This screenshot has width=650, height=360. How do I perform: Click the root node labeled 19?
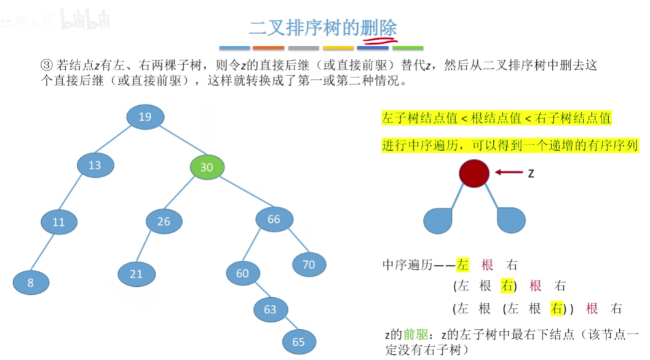coord(145,117)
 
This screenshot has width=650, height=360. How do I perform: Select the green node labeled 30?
coord(207,167)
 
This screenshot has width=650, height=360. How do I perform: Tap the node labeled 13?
coord(95,165)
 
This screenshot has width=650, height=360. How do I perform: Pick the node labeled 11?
coord(58,222)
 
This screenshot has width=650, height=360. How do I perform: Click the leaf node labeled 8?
coord(31,282)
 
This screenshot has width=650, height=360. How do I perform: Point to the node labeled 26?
coord(164,222)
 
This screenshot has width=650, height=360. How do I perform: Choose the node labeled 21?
coord(137,274)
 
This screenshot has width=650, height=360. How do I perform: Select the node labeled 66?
coord(274,220)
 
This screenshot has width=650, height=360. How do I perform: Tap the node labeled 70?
coord(309,265)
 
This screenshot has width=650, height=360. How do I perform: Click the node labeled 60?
coord(243,273)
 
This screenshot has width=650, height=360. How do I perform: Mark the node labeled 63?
coord(271,310)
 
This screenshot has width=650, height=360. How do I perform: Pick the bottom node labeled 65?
coord(299,342)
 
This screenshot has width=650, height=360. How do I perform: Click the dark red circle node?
coord(474,173)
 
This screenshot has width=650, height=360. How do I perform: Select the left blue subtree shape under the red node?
coord(437,221)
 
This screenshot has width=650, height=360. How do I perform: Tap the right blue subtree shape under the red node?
coord(512,220)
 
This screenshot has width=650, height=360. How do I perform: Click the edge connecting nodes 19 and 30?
coord(178,143)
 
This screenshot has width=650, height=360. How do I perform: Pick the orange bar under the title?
coord(268,47)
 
